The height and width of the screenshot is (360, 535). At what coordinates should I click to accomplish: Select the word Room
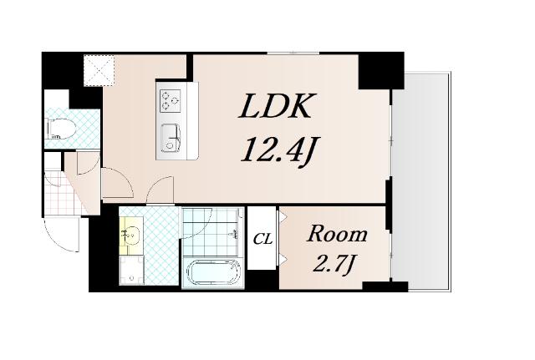click(337, 234)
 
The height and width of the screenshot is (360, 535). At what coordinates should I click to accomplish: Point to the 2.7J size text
click(333, 265)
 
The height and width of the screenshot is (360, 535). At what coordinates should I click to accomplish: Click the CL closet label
click(262, 240)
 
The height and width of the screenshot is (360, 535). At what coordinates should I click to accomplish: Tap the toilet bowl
click(59, 129)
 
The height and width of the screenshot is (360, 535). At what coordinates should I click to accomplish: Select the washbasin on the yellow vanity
click(132, 234)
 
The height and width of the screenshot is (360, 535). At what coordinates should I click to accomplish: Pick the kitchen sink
click(170, 138)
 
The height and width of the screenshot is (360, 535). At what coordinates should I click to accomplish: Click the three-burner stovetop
click(170, 100)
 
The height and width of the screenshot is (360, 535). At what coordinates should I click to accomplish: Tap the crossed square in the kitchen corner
click(99, 71)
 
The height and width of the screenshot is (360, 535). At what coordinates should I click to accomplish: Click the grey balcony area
click(421, 182)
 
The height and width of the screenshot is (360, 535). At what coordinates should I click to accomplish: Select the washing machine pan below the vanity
click(132, 270)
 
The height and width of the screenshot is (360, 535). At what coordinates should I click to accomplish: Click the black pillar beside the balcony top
click(381, 70)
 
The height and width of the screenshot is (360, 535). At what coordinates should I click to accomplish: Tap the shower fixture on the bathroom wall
click(235, 233)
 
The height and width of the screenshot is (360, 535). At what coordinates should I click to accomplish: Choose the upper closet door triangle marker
click(283, 216)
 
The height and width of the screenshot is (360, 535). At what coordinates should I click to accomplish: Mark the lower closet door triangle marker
click(283, 259)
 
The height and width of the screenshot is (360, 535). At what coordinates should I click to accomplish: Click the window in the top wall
click(293, 53)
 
